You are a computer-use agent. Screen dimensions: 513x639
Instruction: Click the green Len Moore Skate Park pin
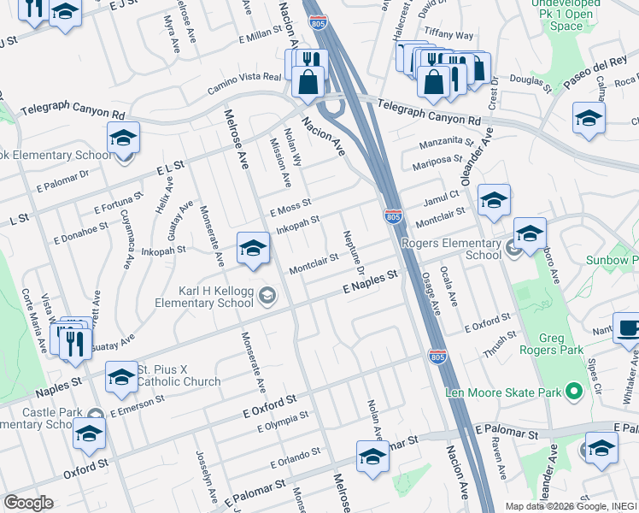[574, 392]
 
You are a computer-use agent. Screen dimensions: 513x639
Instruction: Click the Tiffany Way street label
[454, 35]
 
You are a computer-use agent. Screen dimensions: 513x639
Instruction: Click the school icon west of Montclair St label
[253, 248]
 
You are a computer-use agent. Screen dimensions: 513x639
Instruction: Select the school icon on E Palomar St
[372, 457]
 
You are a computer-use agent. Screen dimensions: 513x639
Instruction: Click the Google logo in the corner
[28, 503]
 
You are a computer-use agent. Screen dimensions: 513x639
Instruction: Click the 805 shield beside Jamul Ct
[393, 218]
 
